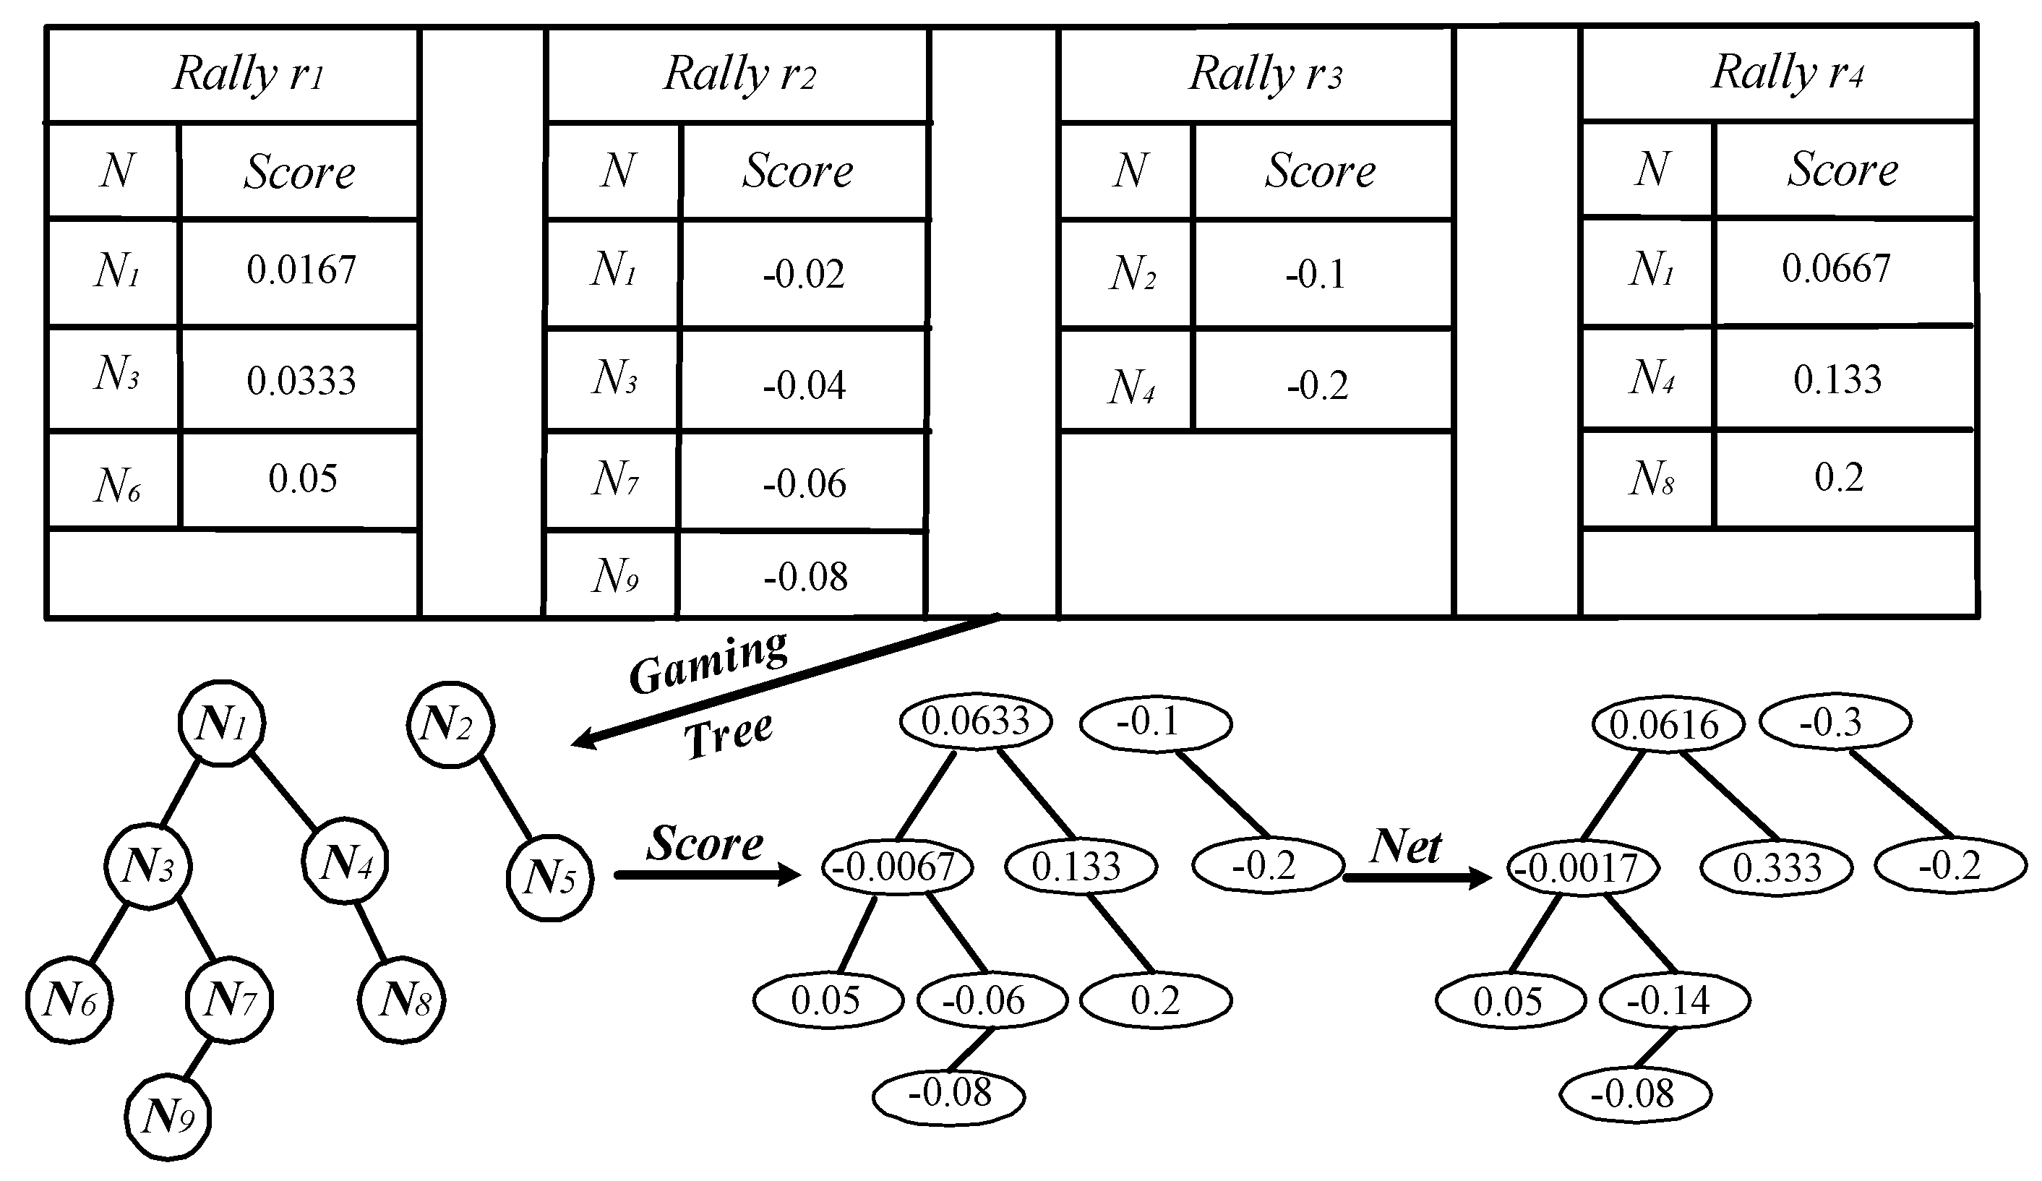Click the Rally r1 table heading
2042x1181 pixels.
click(x=248, y=74)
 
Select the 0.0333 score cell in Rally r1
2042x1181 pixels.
click(x=301, y=381)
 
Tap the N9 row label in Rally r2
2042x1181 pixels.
click(x=614, y=577)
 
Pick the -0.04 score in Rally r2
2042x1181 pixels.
click(x=804, y=385)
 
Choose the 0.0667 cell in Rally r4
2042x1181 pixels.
click(x=1835, y=269)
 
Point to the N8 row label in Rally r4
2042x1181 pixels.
click(x=1651, y=478)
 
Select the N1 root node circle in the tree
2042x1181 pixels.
click(x=222, y=723)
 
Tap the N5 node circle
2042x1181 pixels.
click(x=549, y=878)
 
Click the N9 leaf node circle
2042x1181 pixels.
click(x=168, y=1118)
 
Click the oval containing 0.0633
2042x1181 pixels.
click(x=975, y=721)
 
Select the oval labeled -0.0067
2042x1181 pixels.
click(x=897, y=867)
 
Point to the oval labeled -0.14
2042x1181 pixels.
click(x=1674, y=1001)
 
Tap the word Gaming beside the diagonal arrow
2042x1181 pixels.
click(x=708, y=661)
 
